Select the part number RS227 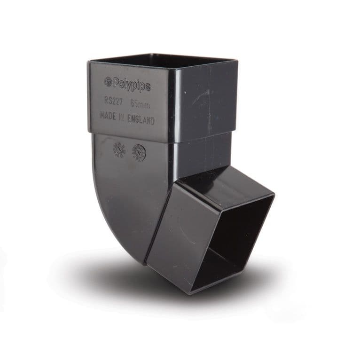click(113, 100)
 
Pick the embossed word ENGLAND click(140, 120)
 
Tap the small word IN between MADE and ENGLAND click(121, 117)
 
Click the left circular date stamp click(119, 149)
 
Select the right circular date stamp click(139, 152)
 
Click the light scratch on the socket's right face click(202, 96)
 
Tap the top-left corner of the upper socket click(88, 62)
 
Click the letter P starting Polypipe click(115, 83)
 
